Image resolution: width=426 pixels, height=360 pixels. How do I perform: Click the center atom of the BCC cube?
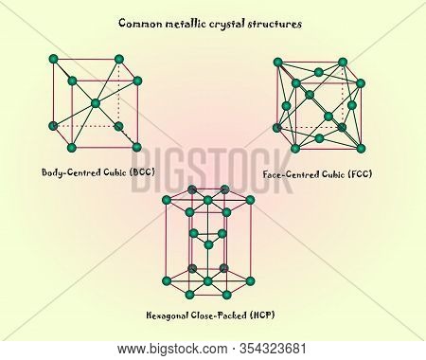click(95, 103)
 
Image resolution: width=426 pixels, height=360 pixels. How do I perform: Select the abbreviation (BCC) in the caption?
click(142, 172)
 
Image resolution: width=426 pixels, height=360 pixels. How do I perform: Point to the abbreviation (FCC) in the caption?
click(360, 174)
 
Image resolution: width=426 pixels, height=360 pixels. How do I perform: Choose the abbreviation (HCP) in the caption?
click(262, 315)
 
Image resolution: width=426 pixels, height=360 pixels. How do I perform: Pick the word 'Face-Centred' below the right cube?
click(291, 174)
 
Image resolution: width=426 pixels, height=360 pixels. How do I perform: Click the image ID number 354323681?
click(273, 349)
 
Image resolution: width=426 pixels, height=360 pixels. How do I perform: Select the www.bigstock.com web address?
click(172, 350)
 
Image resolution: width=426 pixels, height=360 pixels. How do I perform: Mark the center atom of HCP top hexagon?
click(207, 200)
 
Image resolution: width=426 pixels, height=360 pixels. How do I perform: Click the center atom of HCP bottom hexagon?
click(207, 281)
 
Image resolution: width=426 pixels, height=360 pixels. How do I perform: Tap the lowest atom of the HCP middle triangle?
click(208, 244)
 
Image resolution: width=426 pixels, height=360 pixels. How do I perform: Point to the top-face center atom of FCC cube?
click(319, 72)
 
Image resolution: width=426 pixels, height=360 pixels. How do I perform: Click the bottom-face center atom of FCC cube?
click(319, 138)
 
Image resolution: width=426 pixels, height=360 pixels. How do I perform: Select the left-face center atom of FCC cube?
click(286, 106)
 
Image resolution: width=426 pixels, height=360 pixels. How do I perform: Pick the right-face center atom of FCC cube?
click(352, 105)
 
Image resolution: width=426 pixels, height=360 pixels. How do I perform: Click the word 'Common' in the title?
click(140, 24)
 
